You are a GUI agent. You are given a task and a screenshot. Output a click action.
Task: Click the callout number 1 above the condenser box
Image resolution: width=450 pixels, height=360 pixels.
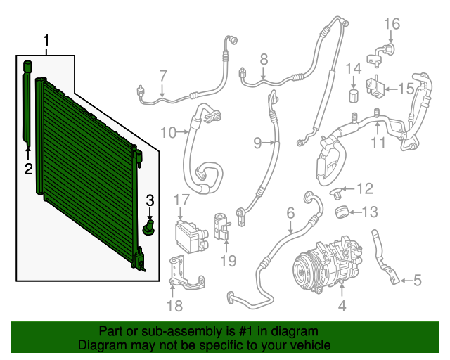tap(46, 41)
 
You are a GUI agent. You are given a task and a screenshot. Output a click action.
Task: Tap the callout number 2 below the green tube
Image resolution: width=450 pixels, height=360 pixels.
tap(28, 169)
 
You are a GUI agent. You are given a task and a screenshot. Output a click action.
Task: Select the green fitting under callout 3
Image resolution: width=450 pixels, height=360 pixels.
tap(149, 228)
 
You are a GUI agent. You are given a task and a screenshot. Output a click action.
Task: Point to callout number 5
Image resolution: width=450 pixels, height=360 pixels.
tap(417, 280)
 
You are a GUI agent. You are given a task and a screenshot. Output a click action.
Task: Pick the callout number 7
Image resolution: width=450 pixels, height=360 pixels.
tap(163, 76)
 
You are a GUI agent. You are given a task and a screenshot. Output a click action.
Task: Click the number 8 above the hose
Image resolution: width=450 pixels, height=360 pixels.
tap(264, 60)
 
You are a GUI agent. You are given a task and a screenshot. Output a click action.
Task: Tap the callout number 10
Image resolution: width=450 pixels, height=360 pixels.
tap(168, 132)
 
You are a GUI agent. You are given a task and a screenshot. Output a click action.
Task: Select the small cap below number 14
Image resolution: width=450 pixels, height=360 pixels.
tap(354, 96)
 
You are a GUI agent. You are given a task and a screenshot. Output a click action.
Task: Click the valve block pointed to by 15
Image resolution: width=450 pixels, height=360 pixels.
tap(375, 86)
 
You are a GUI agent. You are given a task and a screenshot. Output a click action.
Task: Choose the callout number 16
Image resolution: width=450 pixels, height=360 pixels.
tap(392, 24)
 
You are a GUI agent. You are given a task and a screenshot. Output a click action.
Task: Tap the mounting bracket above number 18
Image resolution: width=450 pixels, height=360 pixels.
tap(186, 273)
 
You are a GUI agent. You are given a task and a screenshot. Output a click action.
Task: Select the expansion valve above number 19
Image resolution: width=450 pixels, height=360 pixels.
tap(222, 227)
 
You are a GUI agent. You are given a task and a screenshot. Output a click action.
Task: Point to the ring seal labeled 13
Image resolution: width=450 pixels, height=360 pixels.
tap(342, 212)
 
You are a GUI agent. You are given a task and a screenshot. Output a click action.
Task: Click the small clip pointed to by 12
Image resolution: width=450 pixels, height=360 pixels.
tap(336, 192)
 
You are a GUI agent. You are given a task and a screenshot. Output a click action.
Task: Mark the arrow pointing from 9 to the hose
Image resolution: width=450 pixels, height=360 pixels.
tap(269, 143)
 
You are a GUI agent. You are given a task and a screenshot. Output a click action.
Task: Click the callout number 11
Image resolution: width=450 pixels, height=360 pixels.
tap(378, 143)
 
